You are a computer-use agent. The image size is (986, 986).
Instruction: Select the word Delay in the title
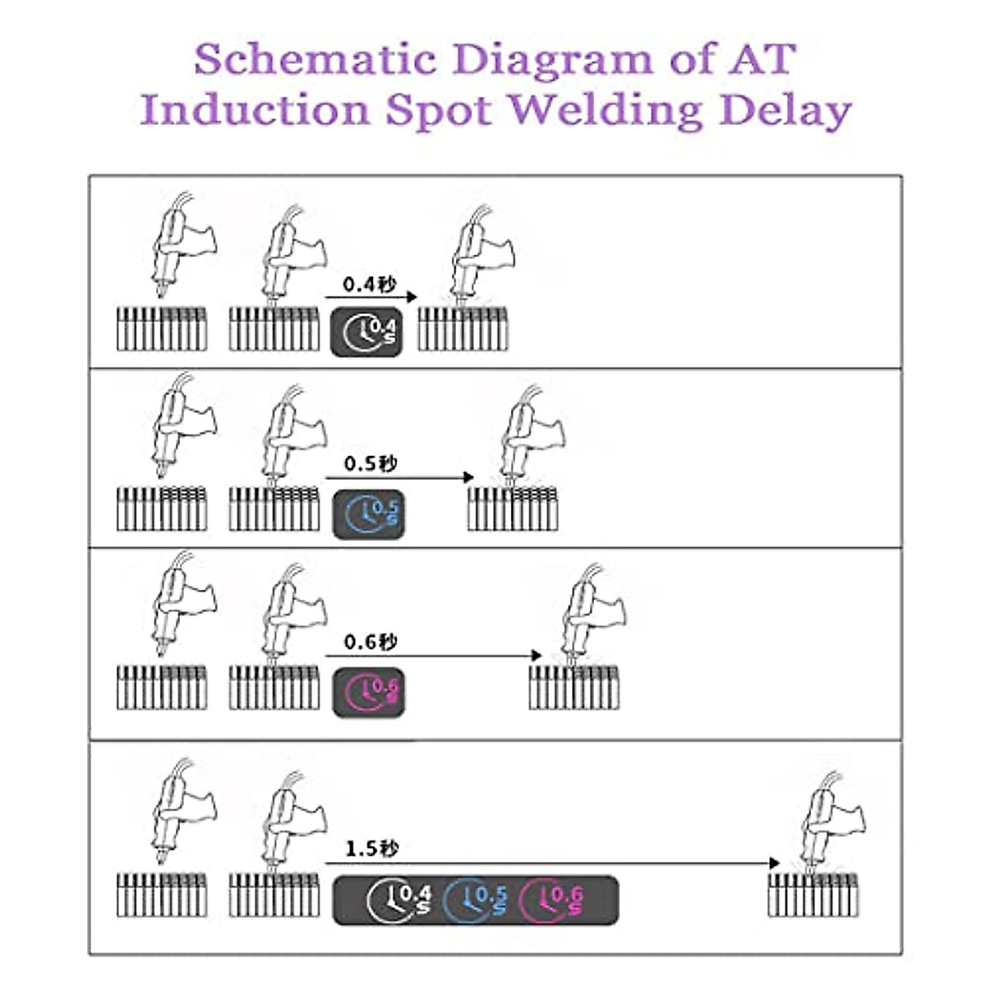tap(786, 110)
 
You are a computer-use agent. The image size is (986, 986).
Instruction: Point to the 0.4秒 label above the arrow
tap(370, 284)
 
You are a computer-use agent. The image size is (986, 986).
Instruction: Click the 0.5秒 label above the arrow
tap(371, 464)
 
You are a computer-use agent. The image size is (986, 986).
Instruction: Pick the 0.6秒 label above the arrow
tap(371, 642)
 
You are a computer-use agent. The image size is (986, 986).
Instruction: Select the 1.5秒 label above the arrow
tap(371, 849)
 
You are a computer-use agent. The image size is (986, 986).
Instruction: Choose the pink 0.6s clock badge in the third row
tap(369, 693)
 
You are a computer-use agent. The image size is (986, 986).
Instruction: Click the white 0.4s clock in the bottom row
tap(398, 900)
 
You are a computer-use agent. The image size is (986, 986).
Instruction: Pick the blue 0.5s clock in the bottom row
tap(475, 900)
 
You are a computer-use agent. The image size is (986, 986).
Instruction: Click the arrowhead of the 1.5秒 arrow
tap(774, 863)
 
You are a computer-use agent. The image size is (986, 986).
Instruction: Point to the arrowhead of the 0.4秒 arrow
tap(412, 297)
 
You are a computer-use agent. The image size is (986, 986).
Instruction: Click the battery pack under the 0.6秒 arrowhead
tap(574, 687)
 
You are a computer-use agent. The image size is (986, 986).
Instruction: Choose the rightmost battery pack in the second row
tap(513, 509)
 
